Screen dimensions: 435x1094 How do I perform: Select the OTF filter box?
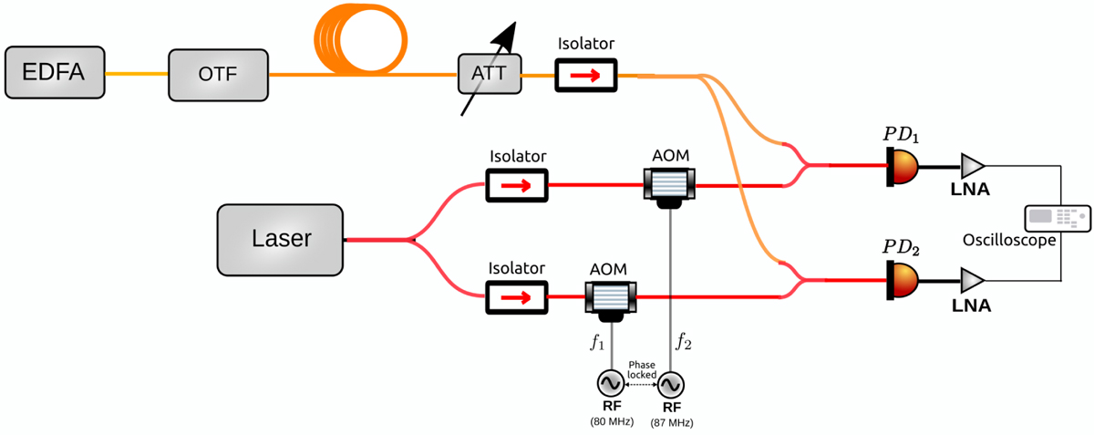click(x=218, y=74)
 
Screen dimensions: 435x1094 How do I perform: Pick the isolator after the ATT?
click(x=586, y=75)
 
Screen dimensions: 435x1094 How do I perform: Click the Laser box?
click(x=281, y=240)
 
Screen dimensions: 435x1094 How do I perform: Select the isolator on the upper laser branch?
click(x=517, y=185)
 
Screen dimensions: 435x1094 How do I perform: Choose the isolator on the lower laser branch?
click(x=517, y=296)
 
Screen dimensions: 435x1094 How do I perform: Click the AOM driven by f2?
click(x=670, y=186)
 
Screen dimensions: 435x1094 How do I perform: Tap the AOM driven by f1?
click(x=610, y=297)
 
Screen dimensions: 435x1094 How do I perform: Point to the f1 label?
click(x=596, y=343)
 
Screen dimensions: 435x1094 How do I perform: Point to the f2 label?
click(x=683, y=343)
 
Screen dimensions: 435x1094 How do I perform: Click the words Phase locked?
click(x=641, y=368)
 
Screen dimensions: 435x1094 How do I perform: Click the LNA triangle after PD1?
click(x=974, y=165)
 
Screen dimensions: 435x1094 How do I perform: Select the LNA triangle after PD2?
click(x=974, y=277)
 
